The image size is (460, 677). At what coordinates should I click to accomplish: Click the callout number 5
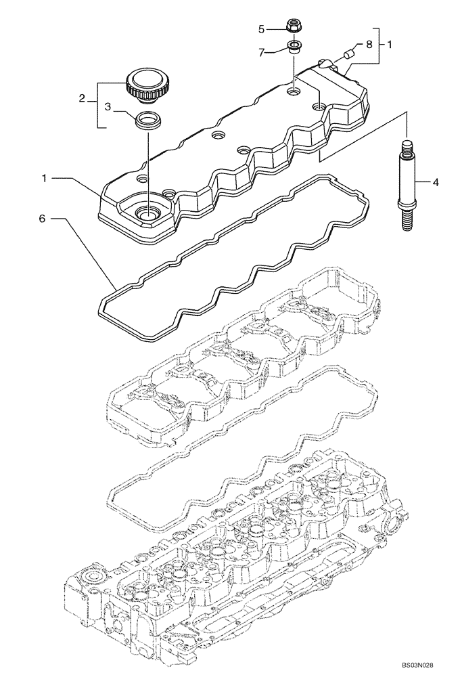[x=261, y=29]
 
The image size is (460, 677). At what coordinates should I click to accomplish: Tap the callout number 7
[x=261, y=51]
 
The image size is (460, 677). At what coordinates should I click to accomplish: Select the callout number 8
[x=369, y=44]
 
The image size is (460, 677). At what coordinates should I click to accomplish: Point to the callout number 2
[x=82, y=99]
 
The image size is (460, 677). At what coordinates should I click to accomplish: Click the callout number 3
[x=107, y=106]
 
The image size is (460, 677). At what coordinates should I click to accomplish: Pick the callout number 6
[x=42, y=219]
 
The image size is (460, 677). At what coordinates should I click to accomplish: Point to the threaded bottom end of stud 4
[x=407, y=221]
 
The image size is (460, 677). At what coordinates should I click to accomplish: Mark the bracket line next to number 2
[x=99, y=105]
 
